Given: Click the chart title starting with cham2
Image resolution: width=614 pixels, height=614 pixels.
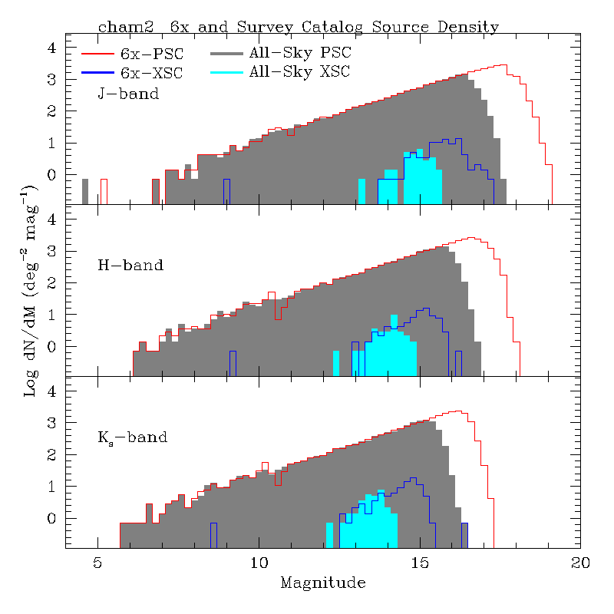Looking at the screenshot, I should (298, 27).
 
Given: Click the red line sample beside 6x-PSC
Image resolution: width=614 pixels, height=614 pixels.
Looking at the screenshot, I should (97, 54).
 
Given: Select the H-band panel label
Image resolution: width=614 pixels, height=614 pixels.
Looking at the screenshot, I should (130, 266).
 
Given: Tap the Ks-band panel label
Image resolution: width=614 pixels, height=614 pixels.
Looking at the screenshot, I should (132, 438).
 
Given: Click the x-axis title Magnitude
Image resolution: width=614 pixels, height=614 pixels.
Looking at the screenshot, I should (322, 583).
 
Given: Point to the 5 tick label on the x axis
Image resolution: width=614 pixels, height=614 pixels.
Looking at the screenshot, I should (97, 562).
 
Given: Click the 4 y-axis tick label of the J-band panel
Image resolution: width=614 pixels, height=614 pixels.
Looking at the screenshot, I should (52, 48).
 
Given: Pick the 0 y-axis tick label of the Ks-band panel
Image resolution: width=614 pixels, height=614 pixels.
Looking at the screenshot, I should (52, 519).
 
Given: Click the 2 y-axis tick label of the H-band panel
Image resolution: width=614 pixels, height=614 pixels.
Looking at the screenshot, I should (52, 283).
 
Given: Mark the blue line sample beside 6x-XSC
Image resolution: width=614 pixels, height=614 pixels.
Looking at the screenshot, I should (97, 73).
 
